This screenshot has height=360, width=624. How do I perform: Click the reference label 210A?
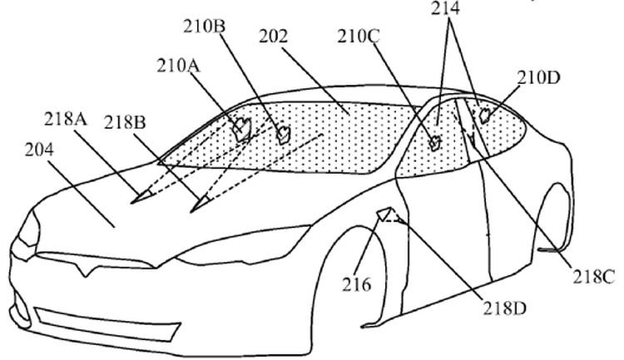click(178, 66)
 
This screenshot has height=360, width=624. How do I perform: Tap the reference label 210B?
click(204, 27)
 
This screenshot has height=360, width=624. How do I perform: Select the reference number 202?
click(274, 37)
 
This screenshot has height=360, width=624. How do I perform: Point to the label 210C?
click(359, 37)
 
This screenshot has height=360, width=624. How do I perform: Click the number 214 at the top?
click(445, 8)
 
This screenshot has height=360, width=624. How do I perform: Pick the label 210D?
click(538, 77)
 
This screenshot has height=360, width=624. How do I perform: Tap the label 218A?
click(66, 119)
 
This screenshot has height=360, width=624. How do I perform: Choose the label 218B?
click(125, 122)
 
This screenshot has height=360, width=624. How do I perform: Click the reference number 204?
click(39, 150)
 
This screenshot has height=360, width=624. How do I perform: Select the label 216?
click(357, 285)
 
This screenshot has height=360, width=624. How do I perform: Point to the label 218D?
click(505, 308)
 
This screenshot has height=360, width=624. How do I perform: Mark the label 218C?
click(594, 277)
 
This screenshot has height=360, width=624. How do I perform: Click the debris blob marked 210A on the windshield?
click(242, 129)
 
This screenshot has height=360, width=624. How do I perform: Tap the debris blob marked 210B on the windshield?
click(284, 135)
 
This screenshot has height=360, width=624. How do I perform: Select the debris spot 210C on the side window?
click(434, 142)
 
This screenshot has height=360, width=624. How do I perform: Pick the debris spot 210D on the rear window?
click(485, 116)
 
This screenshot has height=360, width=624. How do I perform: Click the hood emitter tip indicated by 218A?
click(142, 196)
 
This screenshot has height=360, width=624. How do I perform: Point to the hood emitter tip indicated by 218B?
click(201, 204)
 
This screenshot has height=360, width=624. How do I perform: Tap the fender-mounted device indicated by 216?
click(385, 213)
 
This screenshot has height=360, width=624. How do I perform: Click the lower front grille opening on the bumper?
click(107, 323)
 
